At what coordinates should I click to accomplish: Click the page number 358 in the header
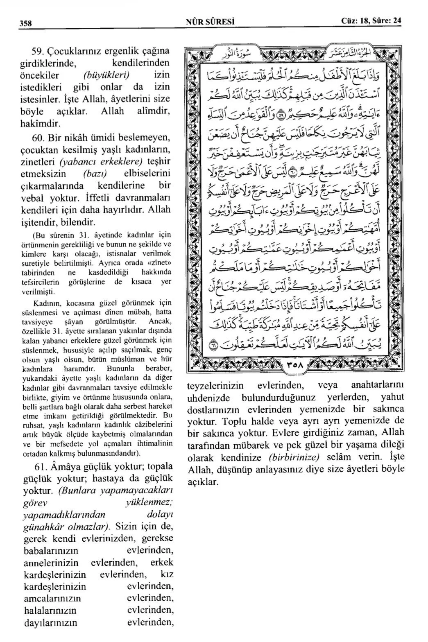pyautogui.click(x=26, y=22)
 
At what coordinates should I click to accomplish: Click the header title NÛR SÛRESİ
pyautogui.click(x=213, y=21)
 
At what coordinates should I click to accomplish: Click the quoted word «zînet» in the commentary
pyautogui.click(x=161, y=262)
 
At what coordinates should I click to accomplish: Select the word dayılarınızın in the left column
pyautogui.click(x=51, y=623)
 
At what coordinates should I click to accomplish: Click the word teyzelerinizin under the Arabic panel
pyautogui.click(x=215, y=386)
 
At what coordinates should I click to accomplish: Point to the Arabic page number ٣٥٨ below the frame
pyautogui.click(x=294, y=366)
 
